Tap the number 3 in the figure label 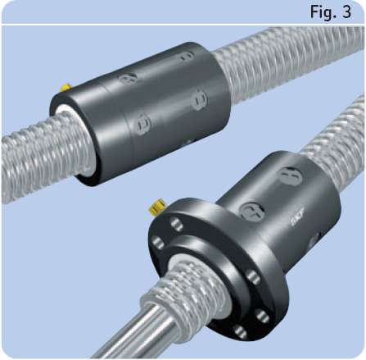click(x=346, y=12)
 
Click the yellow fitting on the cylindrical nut click(x=66, y=88)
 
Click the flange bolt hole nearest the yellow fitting click(x=177, y=224)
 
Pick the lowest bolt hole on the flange click(x=240, y=332)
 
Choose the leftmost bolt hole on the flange click(x=158, y=242)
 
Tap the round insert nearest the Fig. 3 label click(x=187, y=56)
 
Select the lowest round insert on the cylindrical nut click(x=142, y=125)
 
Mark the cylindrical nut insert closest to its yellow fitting click(x=128, y=78)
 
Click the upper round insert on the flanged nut click(x=290, y=176)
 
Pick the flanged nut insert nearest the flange click(x=251, y=212)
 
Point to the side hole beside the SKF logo click(x=314, y=241)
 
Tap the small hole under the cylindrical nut click(x=188, y=142)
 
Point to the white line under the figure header click(x=183, y=25)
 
